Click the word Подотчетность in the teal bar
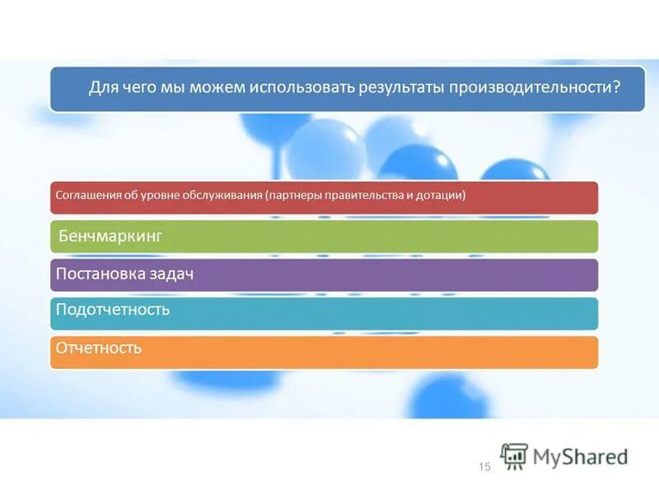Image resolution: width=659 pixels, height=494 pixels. pos(112,310)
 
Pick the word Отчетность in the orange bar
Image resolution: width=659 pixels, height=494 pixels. pos(98,347)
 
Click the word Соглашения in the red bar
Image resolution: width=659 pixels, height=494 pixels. pos(84,195)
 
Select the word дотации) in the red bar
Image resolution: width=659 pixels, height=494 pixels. pos(444,195)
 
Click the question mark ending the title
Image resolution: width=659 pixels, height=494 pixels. pos(615,87)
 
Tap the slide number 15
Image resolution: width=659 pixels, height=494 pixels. pos(484,467)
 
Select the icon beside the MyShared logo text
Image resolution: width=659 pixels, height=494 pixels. pos(514,456)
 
